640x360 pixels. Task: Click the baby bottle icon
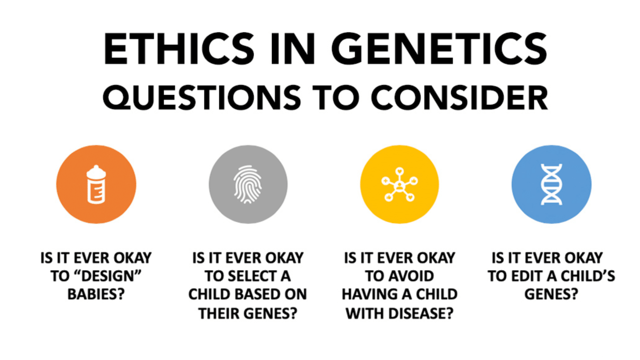(96, 184)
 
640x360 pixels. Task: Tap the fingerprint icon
(248, 184)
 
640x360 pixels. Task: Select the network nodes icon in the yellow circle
(400, 184)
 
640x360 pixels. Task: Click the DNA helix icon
(551, 184)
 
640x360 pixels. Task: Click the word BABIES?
(96, 295)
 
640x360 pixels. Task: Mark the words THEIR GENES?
(248, 313)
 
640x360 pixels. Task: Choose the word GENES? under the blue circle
(551, 295)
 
